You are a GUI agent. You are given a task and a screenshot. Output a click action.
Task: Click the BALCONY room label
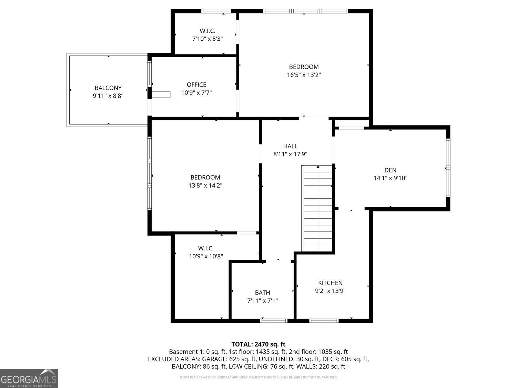click(108, 88)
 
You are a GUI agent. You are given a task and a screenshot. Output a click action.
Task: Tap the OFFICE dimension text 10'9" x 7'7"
click(196, 93)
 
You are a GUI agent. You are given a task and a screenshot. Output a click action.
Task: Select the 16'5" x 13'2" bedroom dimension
click(304, 75)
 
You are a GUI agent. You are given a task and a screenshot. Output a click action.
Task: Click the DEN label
click(390, 170)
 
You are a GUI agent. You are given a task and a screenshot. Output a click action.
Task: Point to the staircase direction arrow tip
click(318, 167)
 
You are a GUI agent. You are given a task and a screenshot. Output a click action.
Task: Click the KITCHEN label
click(330, 283)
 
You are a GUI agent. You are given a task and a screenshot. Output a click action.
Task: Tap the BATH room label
click(263, 293)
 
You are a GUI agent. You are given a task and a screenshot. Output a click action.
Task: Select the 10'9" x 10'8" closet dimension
click(206, 256)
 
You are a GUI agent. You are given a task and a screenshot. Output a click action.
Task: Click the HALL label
click(290, 146)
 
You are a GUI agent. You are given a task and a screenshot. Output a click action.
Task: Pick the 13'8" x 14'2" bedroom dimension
click(205, 186)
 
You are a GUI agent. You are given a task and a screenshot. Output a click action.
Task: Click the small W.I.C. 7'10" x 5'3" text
click(207, 39)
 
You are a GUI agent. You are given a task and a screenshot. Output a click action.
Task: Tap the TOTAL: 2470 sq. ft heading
click(258, 344)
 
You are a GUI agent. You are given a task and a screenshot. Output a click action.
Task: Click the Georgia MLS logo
click(29, 378)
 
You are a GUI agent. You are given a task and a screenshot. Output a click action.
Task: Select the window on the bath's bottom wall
click(274, 321)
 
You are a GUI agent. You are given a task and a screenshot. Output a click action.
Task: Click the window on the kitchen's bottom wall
click(324, 321)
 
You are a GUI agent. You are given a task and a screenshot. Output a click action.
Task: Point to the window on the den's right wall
click(448, 168)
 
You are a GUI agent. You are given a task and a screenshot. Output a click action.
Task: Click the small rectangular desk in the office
click(161, 94)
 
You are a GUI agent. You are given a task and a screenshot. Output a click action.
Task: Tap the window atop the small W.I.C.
click(216, 11)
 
